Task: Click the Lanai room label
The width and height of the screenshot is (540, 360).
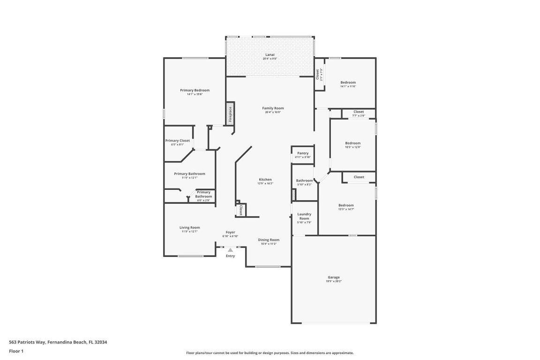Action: point(270,54)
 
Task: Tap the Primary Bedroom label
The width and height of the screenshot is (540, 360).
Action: point(195,90)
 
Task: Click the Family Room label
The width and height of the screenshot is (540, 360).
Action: point(273,108)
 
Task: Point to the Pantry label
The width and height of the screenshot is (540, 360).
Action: point(302,153)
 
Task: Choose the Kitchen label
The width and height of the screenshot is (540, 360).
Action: point(265,180)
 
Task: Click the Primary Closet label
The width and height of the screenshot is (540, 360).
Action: point(177,141)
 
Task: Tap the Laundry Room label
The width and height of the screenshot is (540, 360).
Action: point(304,217)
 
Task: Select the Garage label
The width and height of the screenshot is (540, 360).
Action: point(333,277)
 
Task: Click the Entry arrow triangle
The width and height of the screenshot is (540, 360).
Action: point(230,250)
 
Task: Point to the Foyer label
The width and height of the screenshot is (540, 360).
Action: point(230,232)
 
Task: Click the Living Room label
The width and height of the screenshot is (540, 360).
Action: point(189,227)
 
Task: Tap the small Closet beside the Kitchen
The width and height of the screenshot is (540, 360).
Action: point(241,210)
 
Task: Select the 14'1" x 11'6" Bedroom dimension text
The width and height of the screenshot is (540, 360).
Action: point(348,86)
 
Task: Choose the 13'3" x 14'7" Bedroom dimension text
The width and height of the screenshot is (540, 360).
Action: point(346,209)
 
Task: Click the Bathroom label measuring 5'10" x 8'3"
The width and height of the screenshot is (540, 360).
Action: point(304,180)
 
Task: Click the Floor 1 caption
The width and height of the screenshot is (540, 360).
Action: point(16,351)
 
